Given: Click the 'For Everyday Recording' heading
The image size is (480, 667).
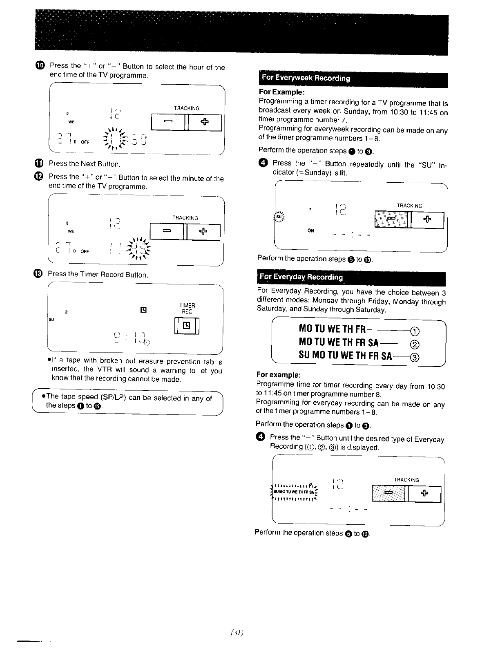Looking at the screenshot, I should point(301,277).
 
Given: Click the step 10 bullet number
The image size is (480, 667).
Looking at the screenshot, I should point(40,66).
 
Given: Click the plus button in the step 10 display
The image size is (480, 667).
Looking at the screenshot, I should point(204,122).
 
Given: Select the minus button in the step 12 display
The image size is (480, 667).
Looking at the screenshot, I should point(167,232).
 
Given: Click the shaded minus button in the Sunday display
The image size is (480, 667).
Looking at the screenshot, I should point(391,220).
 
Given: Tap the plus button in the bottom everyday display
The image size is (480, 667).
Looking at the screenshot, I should point(423,494).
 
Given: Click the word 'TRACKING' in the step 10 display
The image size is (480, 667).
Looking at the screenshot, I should point(187,108).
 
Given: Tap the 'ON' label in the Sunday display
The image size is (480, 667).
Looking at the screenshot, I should point(311,231).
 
